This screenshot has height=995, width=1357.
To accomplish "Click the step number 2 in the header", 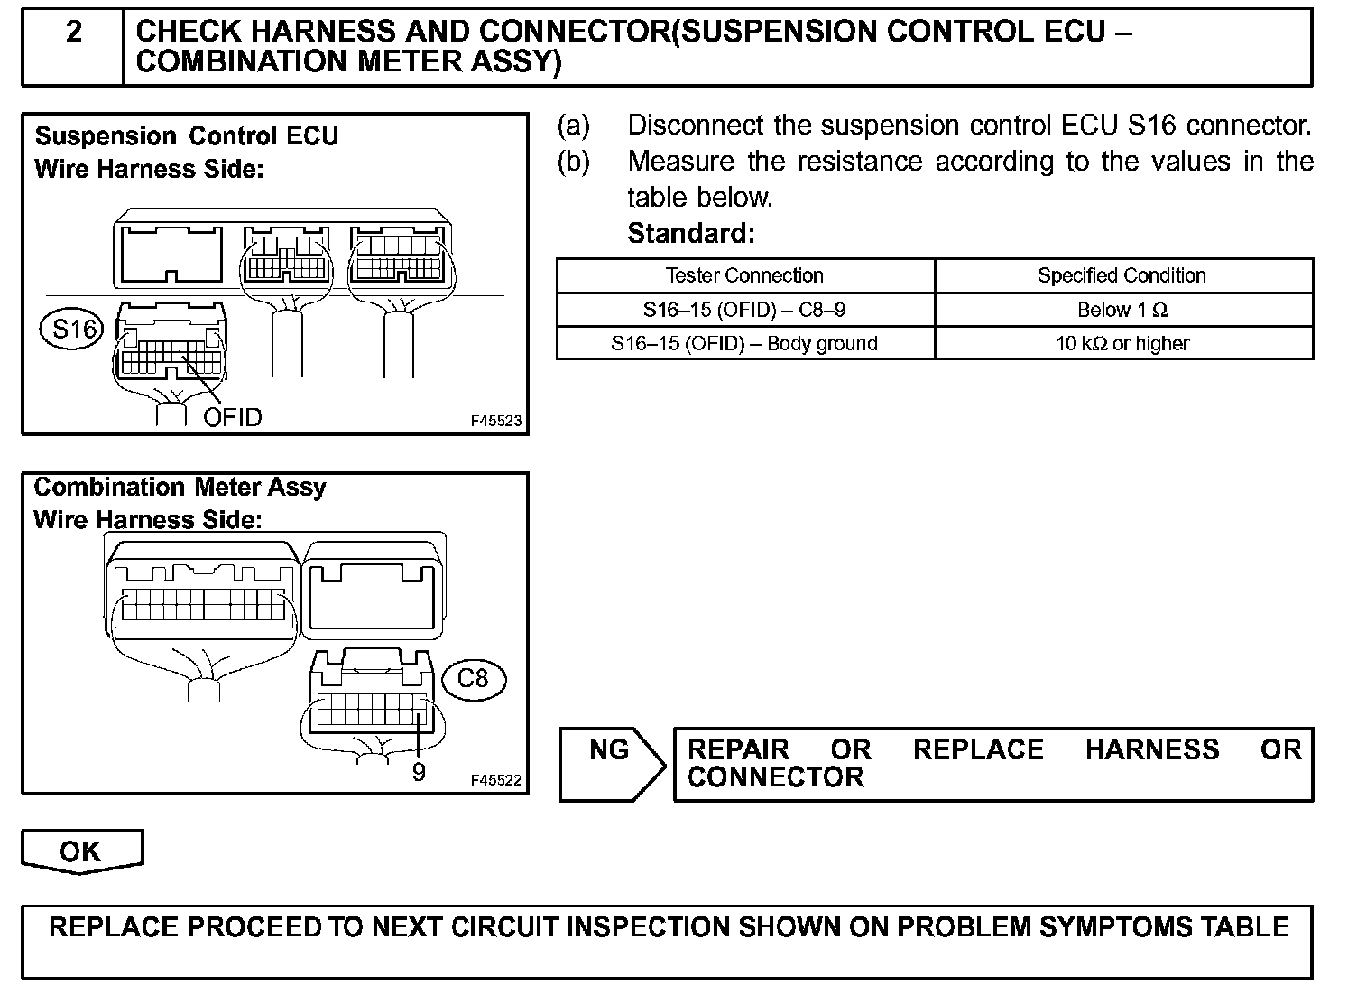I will click(74, 33).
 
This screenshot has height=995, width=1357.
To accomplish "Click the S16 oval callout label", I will click(74, 329).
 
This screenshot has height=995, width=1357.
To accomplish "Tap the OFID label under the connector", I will click(233, 417).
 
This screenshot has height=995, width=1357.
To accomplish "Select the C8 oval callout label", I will click(473, 677).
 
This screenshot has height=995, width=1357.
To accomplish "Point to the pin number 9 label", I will click(419, 772).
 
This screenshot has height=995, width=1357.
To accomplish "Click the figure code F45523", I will click(495, 421).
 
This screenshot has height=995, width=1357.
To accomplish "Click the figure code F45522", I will click(495, 780).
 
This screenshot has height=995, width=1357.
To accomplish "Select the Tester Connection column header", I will click(744, 275).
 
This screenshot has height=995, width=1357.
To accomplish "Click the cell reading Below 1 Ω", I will click(1122, 310).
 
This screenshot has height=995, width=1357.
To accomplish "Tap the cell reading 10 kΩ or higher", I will click(1122, 343).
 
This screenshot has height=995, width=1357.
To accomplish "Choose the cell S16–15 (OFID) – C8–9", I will click(744, 310).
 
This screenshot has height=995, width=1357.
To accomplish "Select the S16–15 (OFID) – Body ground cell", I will click(744, 343).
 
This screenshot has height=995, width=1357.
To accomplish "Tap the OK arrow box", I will click(81, 851).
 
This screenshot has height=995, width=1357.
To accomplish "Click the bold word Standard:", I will click(691, 233).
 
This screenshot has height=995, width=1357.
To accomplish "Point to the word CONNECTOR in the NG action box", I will click(775, 777).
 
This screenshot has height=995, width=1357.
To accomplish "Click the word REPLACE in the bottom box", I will click(114, 927).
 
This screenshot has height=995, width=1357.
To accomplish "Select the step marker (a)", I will click(574, 126).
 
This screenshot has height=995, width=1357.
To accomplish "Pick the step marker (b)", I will click(574, 162).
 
